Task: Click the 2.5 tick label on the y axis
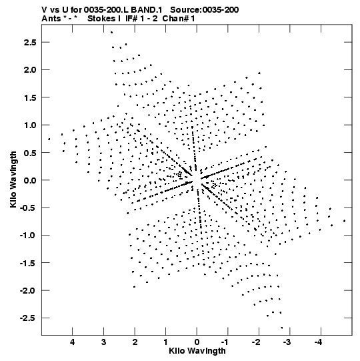[x=30, y=42]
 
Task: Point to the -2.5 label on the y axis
[x=28, y=318]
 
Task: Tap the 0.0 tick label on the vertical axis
[x=30, y=180]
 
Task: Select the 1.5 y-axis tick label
[x=30, y=97]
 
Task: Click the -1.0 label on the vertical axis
[x=28, y=236]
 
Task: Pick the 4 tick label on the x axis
[x=73, y=342]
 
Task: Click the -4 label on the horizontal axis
[x=319, y=342]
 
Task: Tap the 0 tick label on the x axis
[x=197, y=342]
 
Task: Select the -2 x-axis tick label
[x=257, y=342]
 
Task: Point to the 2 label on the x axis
[x=135, y=342]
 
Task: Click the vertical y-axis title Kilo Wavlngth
[x=13, y=179]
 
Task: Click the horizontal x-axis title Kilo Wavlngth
[x=197, y=351]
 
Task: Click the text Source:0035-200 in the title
[x=204, y=9]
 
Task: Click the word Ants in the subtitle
[x=51, y=19]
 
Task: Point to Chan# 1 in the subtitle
[x=179, y=19]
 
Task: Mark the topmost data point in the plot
[x=112, y=32]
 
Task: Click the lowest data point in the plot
[x=282, y=328]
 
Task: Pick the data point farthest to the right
[x=345, y=221]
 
